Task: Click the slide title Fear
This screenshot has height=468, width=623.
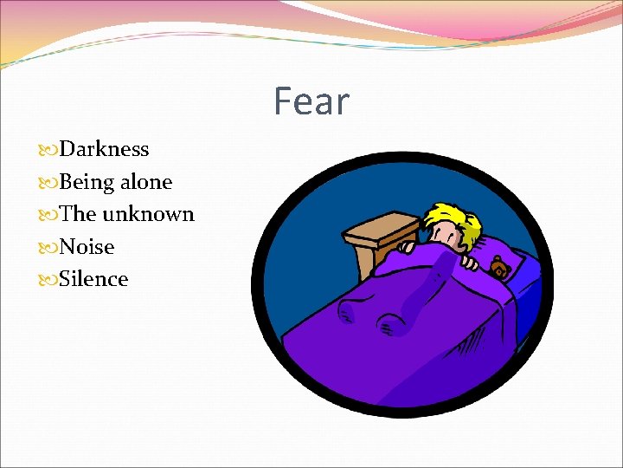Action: pyautogui.click(x=311, y=101)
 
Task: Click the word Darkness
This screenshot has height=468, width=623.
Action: pyautogui.click(x=104, y=149)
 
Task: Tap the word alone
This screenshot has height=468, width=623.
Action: pyautogui.click(x=146, y=182)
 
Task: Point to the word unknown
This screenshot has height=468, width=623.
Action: pyautogui.click(x=148, y=214)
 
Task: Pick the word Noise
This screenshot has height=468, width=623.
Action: pyautogui.click(x=87, y=247)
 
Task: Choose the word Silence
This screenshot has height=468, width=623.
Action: pyautogui.click(x=93, y=279)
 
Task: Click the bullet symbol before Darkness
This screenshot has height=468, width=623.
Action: pyautogui.click(x=51, y=150)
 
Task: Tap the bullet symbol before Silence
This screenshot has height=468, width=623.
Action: pyautogui.click(x=51, y=280)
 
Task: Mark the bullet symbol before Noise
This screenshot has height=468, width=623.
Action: pyautogui.click(x=51, y=248)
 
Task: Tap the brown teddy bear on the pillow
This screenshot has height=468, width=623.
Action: pyautogui.click(x=499, y=268)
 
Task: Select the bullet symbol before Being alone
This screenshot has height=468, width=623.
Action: pyautogui.click(x=51, y=183)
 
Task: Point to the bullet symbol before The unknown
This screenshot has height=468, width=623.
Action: pyautogui.click(x=51, y=215)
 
